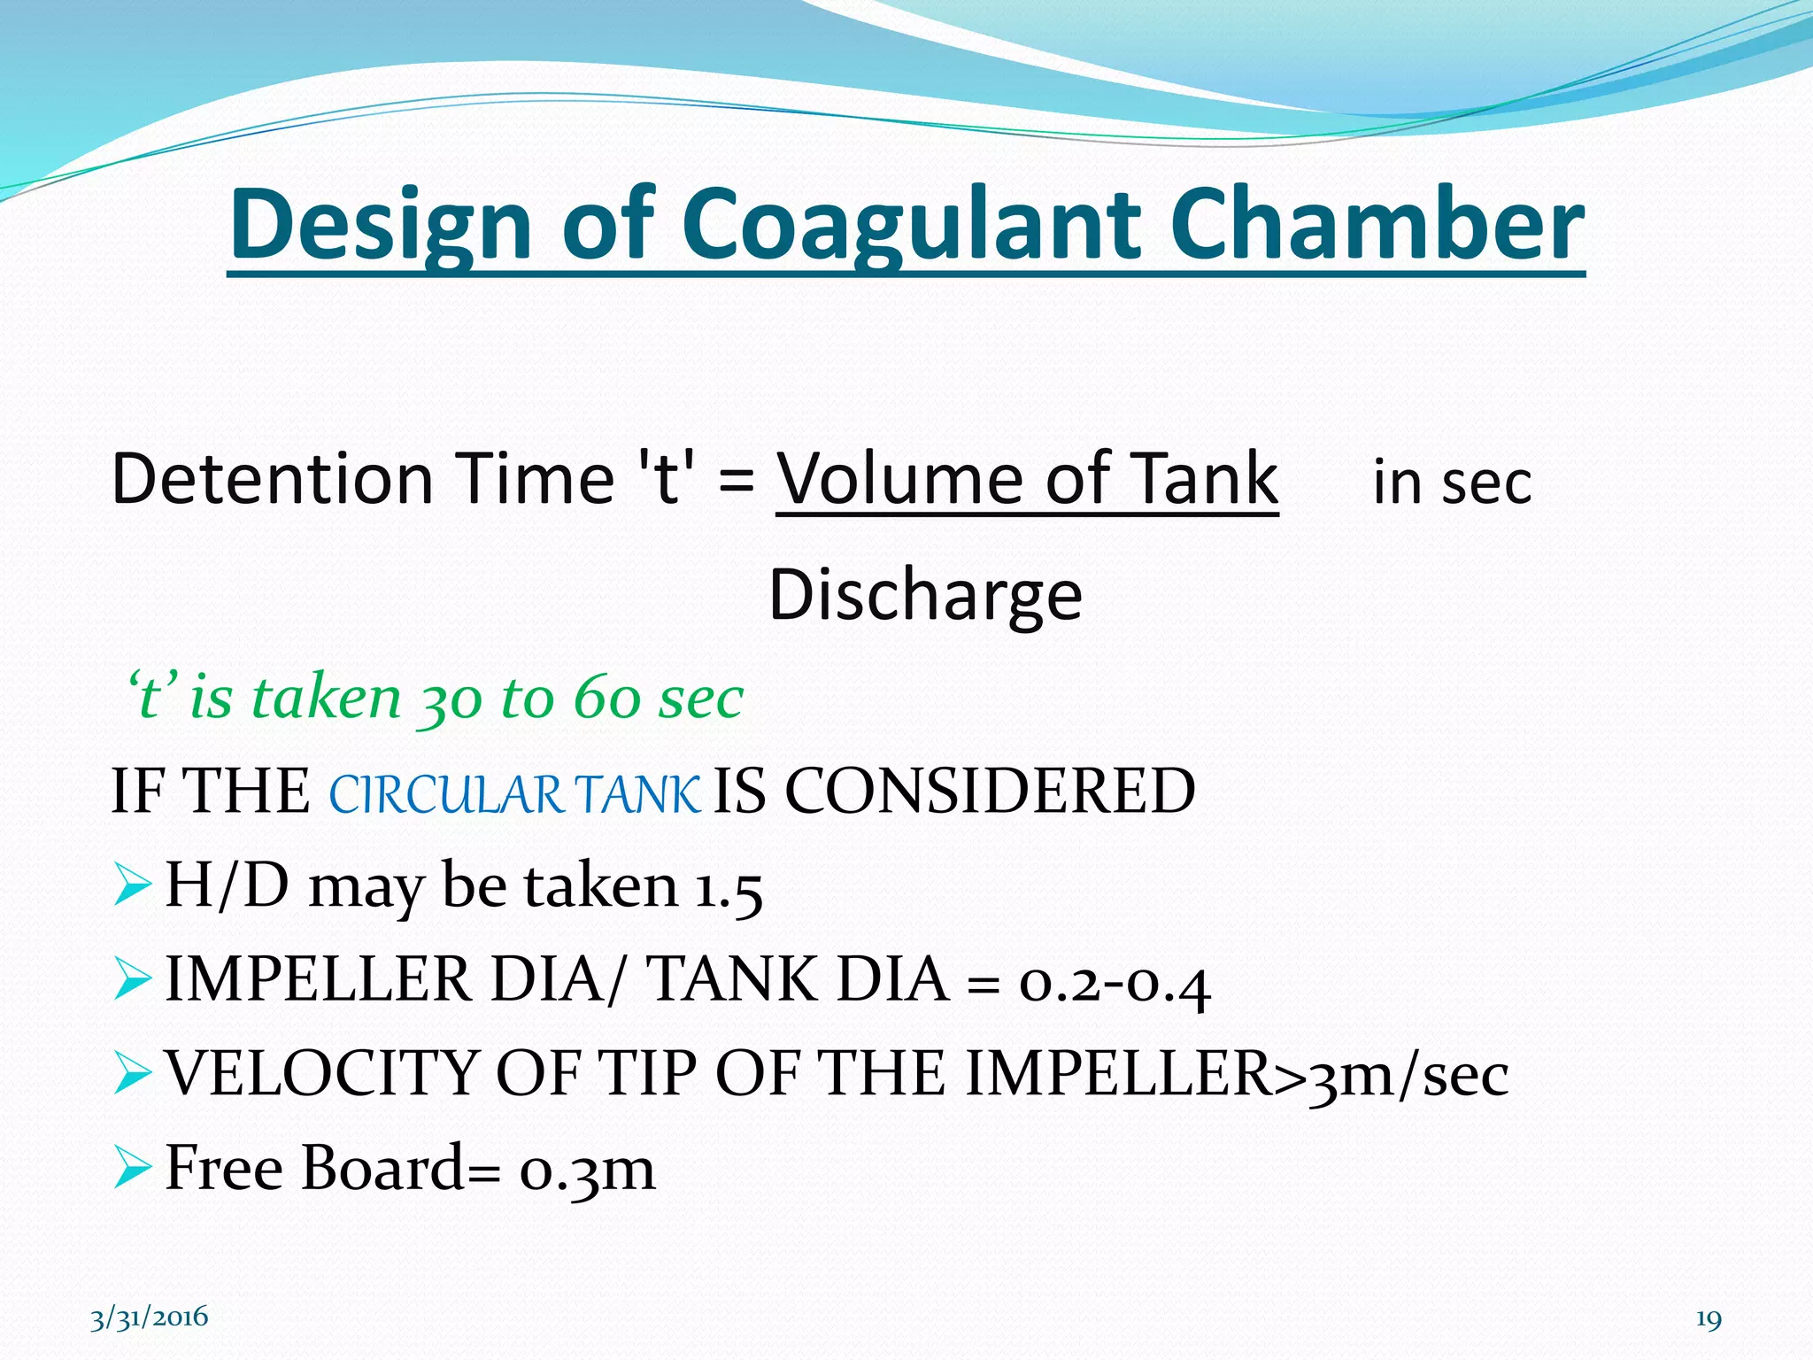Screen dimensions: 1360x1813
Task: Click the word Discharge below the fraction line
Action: coord(925,595)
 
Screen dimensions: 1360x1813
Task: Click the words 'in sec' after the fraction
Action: coord(1452,483)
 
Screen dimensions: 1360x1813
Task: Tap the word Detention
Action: coord(273,479)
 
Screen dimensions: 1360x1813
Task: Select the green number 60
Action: coord(606,698)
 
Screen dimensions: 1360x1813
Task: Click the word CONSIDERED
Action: coord(990,790)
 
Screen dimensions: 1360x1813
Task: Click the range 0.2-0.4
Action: coord(1114,982)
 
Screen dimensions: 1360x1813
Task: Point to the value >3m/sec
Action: coord(1390,1075)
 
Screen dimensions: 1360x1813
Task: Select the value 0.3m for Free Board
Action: coord(587,1169)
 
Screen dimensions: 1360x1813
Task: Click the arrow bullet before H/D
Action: coord(132,887)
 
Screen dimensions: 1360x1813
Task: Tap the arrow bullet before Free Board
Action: coord(132,1169)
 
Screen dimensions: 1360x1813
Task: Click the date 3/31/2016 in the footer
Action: coord(150,1317)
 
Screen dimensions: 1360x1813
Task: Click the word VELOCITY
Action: coord(322,1075)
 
